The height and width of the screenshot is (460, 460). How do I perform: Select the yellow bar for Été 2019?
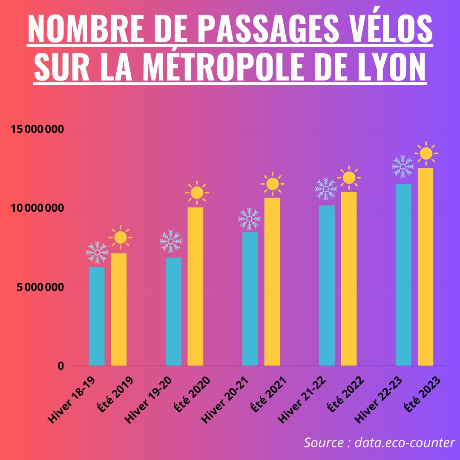(x=119, y=309)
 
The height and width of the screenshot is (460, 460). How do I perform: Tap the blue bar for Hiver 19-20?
(x=173, y=311)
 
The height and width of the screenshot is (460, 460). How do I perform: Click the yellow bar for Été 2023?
(x=425, y=267)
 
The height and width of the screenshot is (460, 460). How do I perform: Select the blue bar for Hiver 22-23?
(x=403, y=275)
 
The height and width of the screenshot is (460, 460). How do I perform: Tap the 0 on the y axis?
(x=61, y=366)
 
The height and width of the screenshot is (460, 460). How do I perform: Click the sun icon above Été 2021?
(x=272, y=184)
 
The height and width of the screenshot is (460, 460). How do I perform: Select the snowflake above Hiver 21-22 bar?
(x=326, y=189)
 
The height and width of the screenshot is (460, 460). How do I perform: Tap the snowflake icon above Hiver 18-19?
(x=97, y=252)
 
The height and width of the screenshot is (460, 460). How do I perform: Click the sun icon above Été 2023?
(x=426, y=153)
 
